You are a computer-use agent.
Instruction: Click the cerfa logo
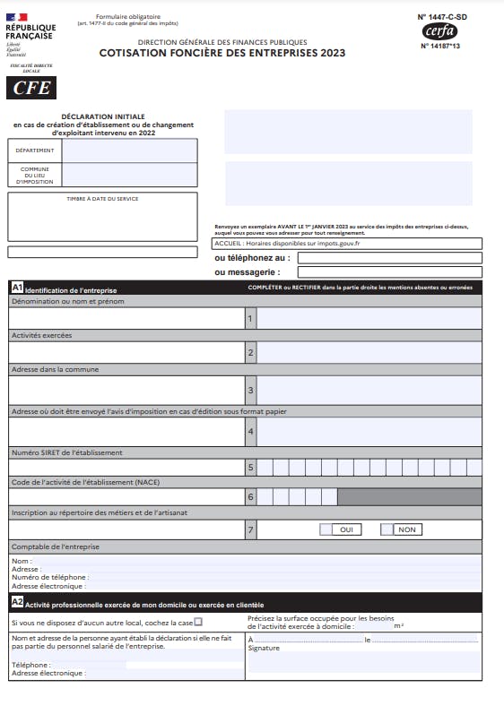click(439, 31)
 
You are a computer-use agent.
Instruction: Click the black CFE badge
click(31, 88)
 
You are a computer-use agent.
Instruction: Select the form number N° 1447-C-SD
click(441, 16)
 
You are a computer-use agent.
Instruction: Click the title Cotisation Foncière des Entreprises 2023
click(222, 53)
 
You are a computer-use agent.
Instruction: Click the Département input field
click(129, 151)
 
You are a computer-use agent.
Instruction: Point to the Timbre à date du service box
click(102, 216)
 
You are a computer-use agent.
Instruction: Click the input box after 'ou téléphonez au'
click(389, 258)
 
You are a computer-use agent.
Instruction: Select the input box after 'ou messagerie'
click(389, 271)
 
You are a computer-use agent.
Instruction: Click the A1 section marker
click(17, 288)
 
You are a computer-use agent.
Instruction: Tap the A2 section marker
click(17, 603)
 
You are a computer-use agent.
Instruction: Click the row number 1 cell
click(250, 318)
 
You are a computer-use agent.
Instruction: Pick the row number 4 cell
click(250, 432)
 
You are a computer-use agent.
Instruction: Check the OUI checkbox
click(326, 529)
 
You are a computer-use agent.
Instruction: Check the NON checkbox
click(387, 529)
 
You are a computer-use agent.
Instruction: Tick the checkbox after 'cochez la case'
click(198, 622)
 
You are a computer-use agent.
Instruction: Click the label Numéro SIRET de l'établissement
click(66, 452)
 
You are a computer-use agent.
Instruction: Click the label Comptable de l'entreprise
click(55, 546)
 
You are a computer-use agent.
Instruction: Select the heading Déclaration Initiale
click(102, 117)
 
